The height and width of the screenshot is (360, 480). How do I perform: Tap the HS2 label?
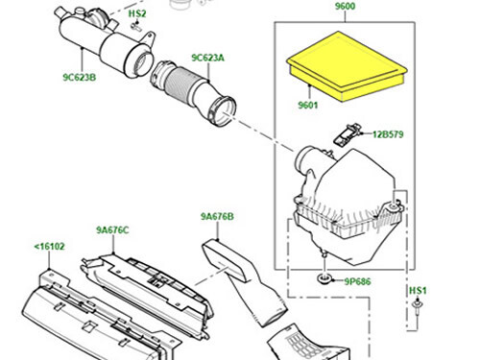click(x=137, y=14)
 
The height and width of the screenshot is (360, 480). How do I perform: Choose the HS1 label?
click(x=418, y=290)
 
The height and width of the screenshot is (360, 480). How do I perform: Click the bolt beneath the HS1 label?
click(x=420, y=312)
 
